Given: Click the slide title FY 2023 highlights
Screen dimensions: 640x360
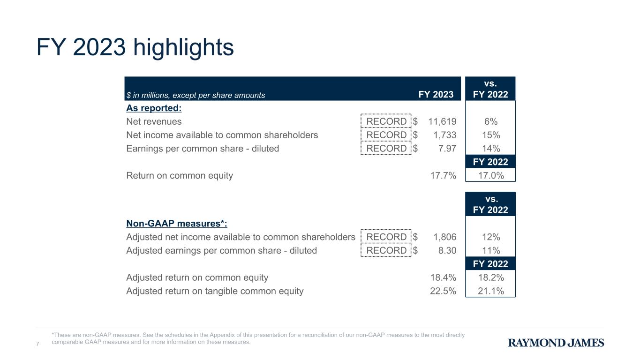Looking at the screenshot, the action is tap(135, 47).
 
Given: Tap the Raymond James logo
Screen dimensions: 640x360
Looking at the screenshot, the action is tap(556, 343).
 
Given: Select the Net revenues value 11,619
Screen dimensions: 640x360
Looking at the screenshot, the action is tap(442, 121).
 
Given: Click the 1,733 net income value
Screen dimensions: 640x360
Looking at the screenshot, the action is tap(445, 135).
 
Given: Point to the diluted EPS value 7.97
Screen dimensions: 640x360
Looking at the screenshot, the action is tap(447, 149).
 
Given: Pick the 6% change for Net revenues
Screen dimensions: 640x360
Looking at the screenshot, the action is tap(490, 121).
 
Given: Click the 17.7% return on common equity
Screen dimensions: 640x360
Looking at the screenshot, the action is tap(443, 175).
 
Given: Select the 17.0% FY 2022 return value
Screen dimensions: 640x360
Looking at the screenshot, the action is tap(491, 175).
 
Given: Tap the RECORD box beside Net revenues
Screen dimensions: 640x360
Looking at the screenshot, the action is tap(386, 121).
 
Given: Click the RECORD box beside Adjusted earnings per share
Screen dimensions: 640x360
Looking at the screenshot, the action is tap(386, 250).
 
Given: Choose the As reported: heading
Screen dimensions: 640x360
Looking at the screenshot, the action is tap(154, 108).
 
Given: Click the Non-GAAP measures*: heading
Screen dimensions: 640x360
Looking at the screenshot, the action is tap(177, 224).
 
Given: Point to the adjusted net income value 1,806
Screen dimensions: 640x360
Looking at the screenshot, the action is tap(445, 237).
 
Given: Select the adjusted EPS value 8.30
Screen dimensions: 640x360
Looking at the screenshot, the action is tap(447, 251).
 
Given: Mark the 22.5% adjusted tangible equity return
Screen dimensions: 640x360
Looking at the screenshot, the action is tap(443, 291).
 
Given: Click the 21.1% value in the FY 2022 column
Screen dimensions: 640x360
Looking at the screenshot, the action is tap(491, 291).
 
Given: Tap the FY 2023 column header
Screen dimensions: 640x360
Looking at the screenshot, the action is tap(436, 95).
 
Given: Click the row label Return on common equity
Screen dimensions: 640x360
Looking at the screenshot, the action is tap(180, 175).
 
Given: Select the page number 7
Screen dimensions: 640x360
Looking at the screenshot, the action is tap(38, 344).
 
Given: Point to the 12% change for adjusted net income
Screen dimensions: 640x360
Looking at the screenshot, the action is tap(491, 237).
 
